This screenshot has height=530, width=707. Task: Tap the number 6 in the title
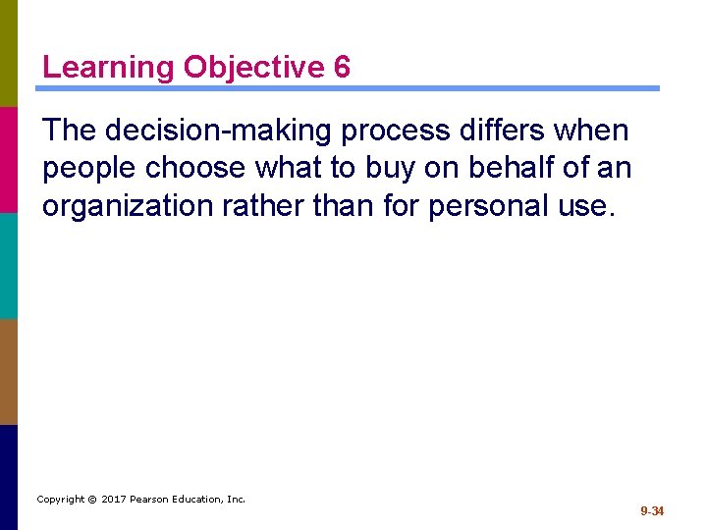click(x=341, y=68)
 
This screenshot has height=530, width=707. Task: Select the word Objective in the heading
click(x=253, y=68)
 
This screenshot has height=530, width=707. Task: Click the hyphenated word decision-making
click(x=240, y=131)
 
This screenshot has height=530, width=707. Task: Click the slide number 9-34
click(x=652, y=511)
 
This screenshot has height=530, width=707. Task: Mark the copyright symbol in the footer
click(x=92, y=500)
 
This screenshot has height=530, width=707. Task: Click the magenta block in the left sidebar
click(x=9, y=159)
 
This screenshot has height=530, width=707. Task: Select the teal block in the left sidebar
click(x=9, y=265)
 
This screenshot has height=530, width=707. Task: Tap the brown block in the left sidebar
click(x=9, y=371)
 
